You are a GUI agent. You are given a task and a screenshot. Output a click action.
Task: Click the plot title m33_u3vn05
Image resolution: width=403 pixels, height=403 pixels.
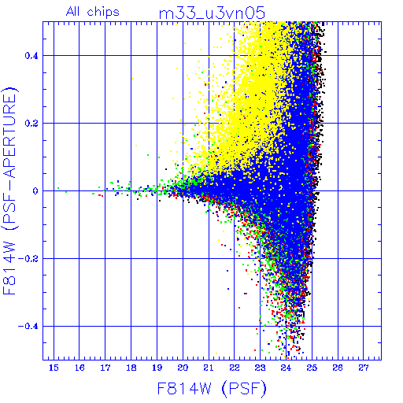[x=212, y=13]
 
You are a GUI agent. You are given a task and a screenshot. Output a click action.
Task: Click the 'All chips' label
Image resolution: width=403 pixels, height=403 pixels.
[x=93, y=12]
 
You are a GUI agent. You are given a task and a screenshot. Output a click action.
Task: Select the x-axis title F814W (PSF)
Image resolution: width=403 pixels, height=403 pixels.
[x=212, y=388]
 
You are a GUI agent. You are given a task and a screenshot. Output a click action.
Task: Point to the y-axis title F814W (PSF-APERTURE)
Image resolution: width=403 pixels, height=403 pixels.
[x=10, y=190]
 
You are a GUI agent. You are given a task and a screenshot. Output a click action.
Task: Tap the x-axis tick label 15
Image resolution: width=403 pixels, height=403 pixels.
[x=54, y=368]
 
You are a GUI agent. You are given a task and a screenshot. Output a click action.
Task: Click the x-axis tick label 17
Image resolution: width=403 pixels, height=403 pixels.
[x=105, y=368]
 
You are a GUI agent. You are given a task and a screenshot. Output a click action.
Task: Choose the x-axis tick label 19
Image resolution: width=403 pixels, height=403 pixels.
[x=157, y=368]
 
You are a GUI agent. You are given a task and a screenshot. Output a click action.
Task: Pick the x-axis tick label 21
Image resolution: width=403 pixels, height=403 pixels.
[x=209, y=368]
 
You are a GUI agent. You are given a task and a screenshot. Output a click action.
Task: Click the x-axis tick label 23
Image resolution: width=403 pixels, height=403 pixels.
[x=260, y=368]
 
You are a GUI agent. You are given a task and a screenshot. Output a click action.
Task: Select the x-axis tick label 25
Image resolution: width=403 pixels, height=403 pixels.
[x=312, y=368]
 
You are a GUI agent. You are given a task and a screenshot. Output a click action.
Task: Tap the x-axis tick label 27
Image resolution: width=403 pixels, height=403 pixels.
[x=364, y=368]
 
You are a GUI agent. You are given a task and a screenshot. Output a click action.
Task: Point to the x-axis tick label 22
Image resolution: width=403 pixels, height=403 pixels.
[x=235, y=368]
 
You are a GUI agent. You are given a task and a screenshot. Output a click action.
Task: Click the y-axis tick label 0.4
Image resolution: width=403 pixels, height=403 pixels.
[x=31, y=56]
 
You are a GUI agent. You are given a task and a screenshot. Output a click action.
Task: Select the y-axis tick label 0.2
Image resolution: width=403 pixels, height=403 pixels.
[x=31, y=124]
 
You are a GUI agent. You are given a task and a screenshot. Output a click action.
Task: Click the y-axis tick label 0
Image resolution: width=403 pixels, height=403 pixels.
[x=35, y=191]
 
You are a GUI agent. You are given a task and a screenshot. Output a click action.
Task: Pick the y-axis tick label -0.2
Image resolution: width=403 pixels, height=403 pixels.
[x=28, y=259]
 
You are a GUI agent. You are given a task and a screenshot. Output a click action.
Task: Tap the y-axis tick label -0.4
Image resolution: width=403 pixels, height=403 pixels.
[x=28, y=327]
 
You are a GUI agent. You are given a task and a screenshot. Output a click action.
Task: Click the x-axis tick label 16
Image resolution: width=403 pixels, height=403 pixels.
[x=79, y=368]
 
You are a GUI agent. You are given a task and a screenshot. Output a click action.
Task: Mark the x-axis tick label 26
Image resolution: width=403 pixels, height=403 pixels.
[x=338, y=368]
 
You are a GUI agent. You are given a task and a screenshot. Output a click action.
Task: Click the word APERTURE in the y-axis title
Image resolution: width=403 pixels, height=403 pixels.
[x=10, y=136]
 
